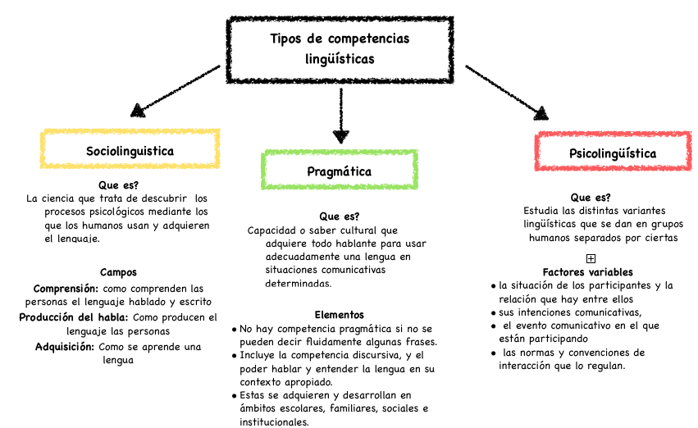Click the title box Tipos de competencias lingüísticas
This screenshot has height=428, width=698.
point(339,49)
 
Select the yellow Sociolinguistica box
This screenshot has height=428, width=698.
point(130,150)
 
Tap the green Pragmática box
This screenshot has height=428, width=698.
point(339,171)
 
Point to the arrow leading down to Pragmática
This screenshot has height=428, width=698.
point(340,115)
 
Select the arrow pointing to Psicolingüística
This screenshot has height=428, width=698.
point(507,90)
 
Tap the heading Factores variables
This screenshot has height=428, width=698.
point(587,272)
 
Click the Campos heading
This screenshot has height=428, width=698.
point(118,272)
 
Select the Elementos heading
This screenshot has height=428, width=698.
point(339,314)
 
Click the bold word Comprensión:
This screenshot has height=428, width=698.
point(66,289)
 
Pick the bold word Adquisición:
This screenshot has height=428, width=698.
point(65,346)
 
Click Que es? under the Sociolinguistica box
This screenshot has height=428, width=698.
point(118,185)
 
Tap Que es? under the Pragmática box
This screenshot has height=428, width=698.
point(339,216)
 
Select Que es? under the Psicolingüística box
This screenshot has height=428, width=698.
point(591,197)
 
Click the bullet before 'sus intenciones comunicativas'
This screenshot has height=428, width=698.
point(492,313)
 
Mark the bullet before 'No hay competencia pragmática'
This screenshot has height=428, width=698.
point(235,329)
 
